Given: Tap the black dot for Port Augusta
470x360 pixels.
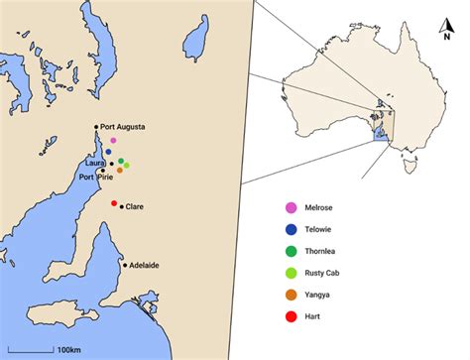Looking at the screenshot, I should pos(96,127).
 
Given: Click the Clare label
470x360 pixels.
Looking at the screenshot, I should pos(135,207).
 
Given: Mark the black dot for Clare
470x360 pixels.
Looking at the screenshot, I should pos(121,206).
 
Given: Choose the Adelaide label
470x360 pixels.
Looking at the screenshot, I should pos(145,266).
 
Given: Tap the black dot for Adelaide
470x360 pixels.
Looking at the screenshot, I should pos(125,265).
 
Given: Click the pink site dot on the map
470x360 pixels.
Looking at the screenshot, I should pos(114,141).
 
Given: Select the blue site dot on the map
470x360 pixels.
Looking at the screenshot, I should pos(108,152).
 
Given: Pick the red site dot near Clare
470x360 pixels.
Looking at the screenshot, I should pos(114,202).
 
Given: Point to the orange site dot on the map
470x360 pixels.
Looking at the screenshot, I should pos(120,170).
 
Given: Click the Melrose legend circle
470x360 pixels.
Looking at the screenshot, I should pos(291,207).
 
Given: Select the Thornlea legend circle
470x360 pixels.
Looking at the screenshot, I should pos(291,251).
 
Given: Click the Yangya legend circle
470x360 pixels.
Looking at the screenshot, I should pos(291,295).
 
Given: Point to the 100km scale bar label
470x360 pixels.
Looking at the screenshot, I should pos(68,349).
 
